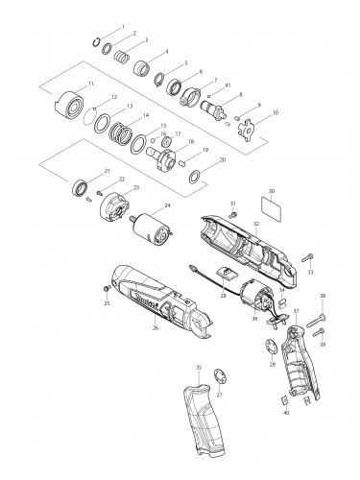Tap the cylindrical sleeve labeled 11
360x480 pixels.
(x=71, y=101)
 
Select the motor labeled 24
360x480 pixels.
(x=150, y=228)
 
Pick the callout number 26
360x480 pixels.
(x=155, y=327)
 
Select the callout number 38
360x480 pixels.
(x=322, y=296)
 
